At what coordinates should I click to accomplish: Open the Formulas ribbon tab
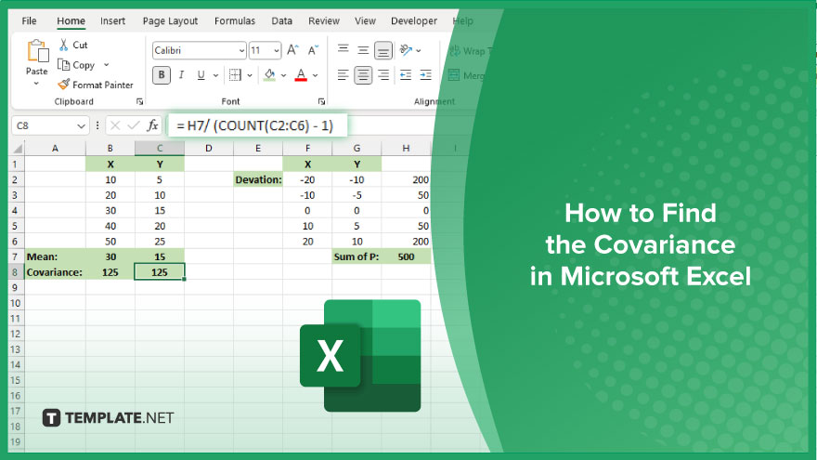(235, 20)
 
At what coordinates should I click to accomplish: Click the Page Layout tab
(170, 20)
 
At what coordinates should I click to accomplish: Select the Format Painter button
(96, 85)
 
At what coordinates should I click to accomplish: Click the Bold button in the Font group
(162, 75)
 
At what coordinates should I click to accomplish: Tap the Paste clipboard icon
(37, 52)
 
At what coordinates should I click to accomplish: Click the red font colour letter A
(301, 75)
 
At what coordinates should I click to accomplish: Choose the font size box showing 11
(266, 50)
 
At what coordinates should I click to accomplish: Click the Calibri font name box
(199, 50)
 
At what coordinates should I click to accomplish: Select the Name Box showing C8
(50, 125)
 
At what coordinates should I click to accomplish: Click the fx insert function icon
(152, 125)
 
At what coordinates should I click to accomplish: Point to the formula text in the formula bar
(254, 125)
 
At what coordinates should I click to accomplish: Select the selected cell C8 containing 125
(160, 271)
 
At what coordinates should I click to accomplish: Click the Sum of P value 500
(406, 256)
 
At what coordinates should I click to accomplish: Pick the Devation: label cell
(258, 179)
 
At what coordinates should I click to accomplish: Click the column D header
(208, 148)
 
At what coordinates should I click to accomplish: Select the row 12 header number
(15, 334)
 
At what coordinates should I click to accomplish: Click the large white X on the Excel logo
(330, 356)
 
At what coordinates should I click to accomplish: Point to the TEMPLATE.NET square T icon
(51, 418)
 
